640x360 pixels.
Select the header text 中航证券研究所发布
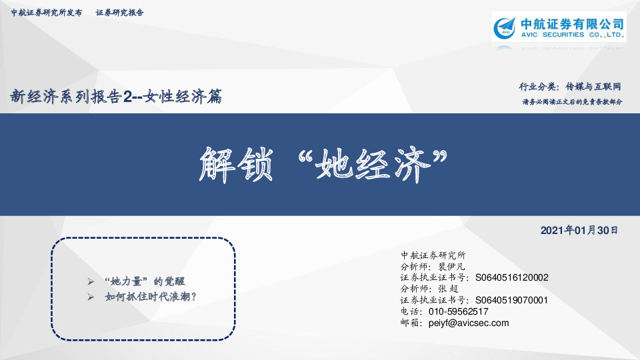click(x=47, y=13)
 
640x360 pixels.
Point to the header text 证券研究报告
click(x=120, y=13)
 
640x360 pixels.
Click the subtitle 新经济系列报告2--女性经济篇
click(x=115, y=97)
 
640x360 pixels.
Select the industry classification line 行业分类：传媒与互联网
click(x=570, y=87)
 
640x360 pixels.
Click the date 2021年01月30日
click(x=579, y=231)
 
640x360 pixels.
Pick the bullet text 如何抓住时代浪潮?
click(x=151, y=297)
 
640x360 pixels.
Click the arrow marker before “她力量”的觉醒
click(x=91, y=281)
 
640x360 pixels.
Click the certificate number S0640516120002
click(x=513, y=277)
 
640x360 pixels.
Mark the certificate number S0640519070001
click(x=513, y=300)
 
